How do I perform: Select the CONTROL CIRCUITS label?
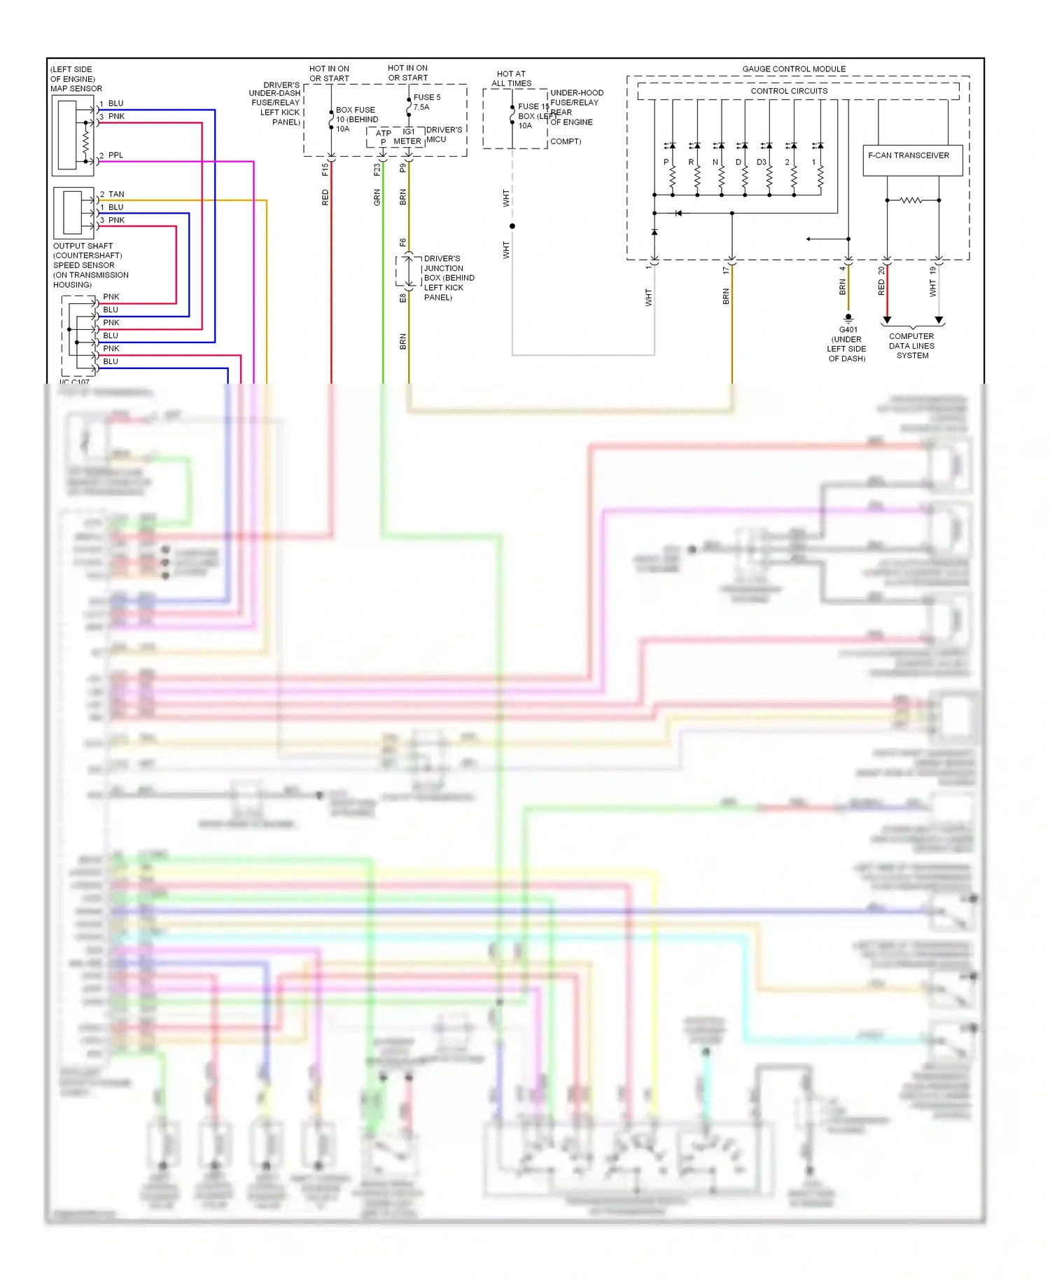point(789,91)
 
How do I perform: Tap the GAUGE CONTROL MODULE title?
point(794,69)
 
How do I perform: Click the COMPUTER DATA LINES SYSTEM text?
point(911,346)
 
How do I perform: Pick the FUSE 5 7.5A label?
point(426,102)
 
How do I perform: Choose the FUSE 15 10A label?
point(533,116)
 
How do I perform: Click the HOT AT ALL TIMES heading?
point(511,78)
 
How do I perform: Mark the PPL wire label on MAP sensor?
point(115,155)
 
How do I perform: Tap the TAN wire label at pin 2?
point(116,194)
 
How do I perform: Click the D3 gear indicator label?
point(761,162)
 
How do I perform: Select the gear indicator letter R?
point(691,162)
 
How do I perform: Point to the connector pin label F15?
point(325,169)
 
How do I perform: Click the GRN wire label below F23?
point(377,197)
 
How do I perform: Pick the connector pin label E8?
point(403,298)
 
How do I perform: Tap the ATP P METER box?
point(395,137)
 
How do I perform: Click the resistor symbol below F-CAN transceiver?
point(911,200)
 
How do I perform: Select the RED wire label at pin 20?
point(881,287)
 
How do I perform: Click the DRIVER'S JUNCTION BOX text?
point(448,278)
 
